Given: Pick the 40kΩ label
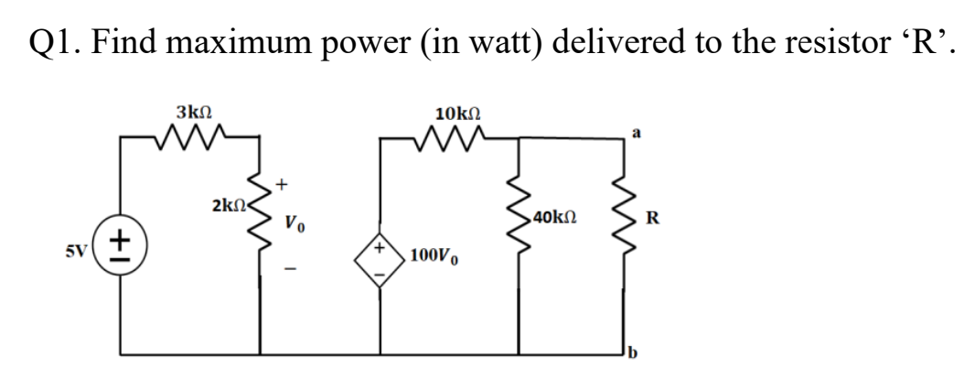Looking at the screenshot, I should [x=552, y=218].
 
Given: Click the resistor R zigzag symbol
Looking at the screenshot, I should [x=624, y=217].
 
